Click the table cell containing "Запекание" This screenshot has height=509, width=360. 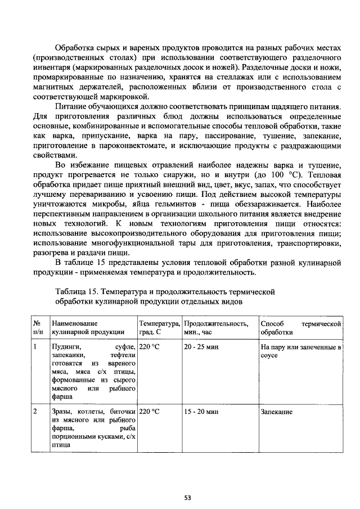(276, 412)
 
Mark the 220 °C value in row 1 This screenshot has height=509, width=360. (150, 348)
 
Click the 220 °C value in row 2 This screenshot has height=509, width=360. (150, 412)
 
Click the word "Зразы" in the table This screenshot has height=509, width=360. (62, 412)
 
